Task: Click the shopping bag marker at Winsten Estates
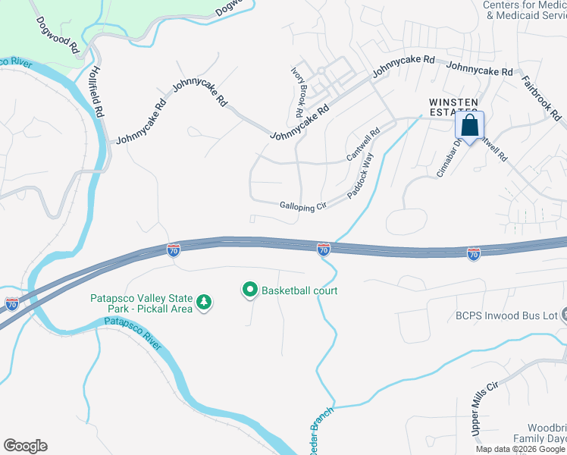click(470, 126)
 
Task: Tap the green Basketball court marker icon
click(249, 290)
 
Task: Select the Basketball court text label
click(299, 290)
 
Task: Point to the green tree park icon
click(204, 303)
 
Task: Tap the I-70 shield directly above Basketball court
click(324, 248)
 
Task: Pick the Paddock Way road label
click(362, 176)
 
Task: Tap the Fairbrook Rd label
click(541, 97)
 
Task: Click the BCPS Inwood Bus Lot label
click(503, 315)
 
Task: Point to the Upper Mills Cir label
click(483, 409)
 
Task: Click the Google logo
click(25, 445)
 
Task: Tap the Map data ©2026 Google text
click(519, 449)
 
